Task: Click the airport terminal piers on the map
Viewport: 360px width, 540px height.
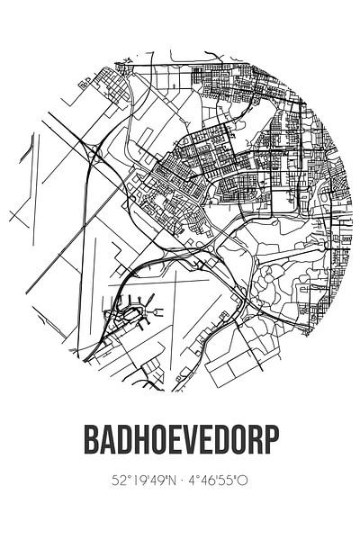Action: tap(126, 314)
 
